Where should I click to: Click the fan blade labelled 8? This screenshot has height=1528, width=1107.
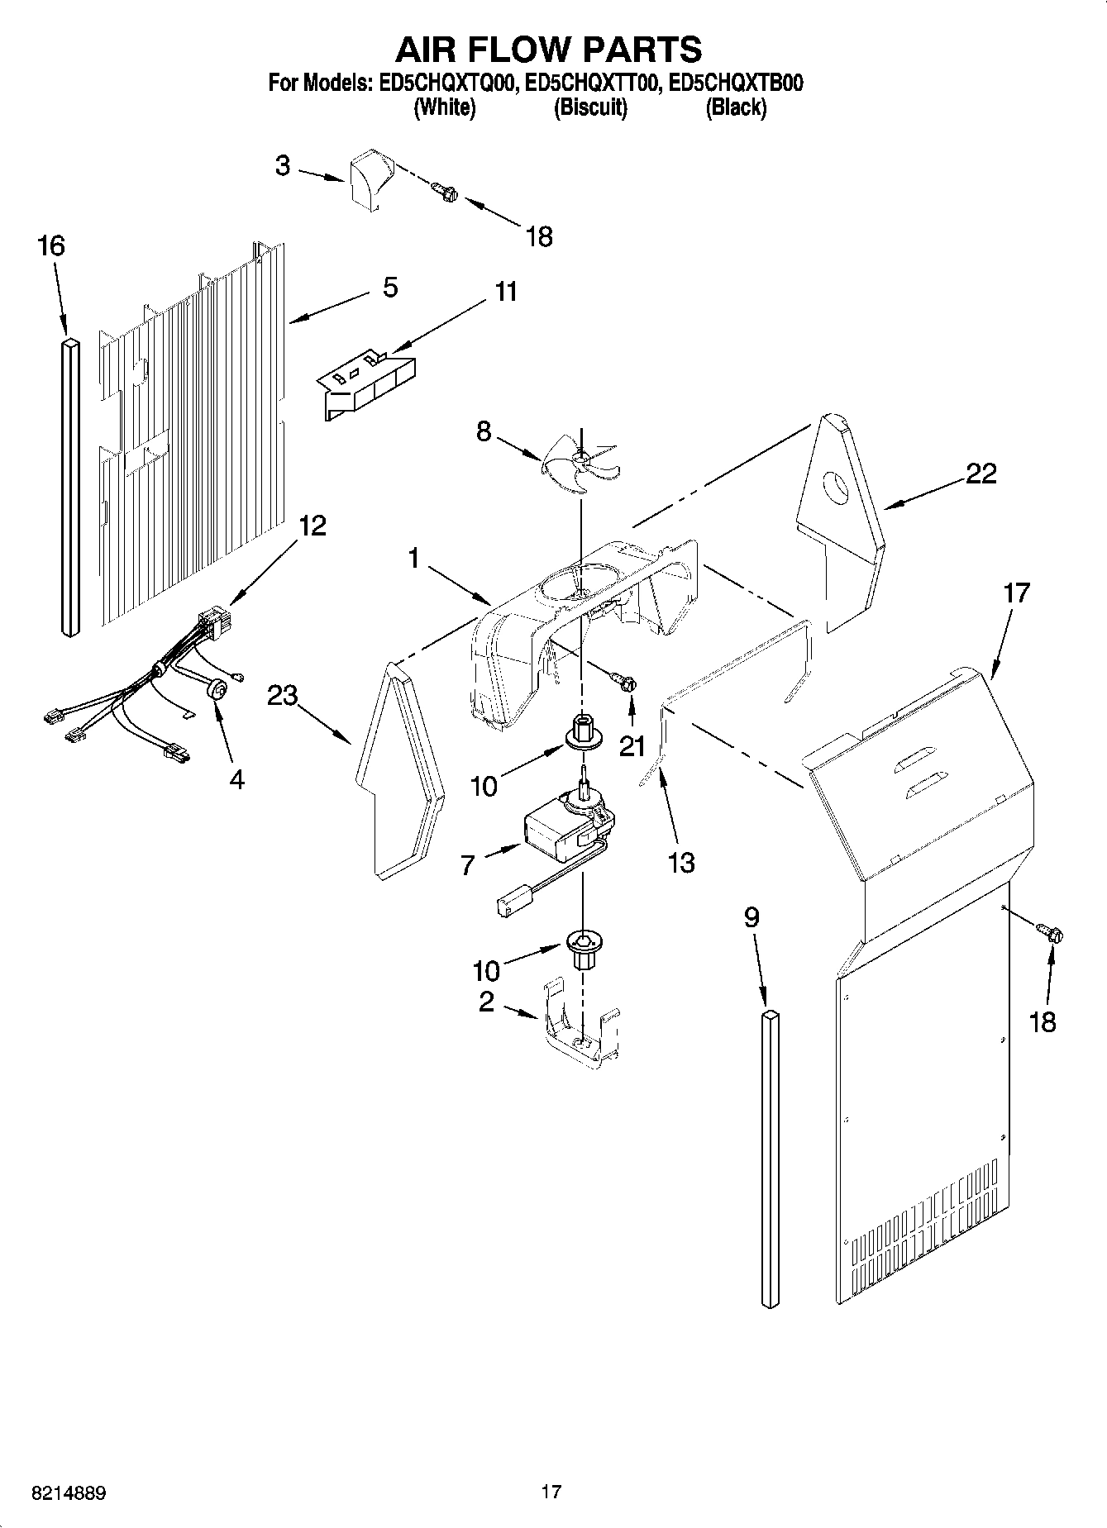point(581,464)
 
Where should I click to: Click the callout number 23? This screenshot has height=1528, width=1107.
point(282,696)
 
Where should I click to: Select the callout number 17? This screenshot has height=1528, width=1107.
point(1016,593)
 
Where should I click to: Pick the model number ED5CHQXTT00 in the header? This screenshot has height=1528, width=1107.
point(592,83)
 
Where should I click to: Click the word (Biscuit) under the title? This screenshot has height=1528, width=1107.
point(589,107)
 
